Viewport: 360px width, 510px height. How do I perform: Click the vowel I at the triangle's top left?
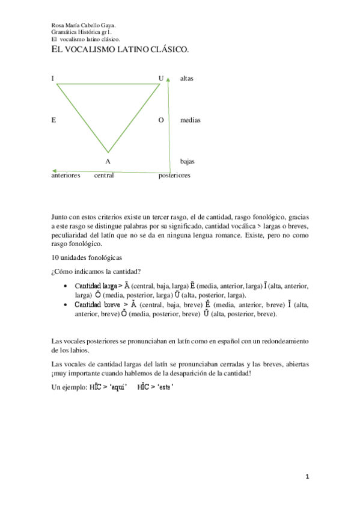point(53,78)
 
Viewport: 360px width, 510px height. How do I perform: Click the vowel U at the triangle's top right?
point(160,78)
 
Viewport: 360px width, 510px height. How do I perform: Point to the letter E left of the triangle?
point(53,120)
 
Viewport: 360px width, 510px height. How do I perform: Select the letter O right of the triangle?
point(160,120)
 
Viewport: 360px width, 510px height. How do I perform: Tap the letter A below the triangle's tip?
point(108,161)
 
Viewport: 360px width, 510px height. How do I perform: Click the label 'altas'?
point(186,78)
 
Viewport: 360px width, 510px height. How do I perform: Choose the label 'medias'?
point(190,120)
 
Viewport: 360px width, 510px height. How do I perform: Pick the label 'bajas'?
point(187,161)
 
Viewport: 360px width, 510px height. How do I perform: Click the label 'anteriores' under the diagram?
point(66,176)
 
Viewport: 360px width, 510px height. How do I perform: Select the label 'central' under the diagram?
point(104,176)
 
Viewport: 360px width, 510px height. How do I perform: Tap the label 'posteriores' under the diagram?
point(174,176)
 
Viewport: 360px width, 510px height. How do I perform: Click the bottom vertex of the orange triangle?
point(108,152)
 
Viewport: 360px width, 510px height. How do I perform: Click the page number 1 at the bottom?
point(307,477)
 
